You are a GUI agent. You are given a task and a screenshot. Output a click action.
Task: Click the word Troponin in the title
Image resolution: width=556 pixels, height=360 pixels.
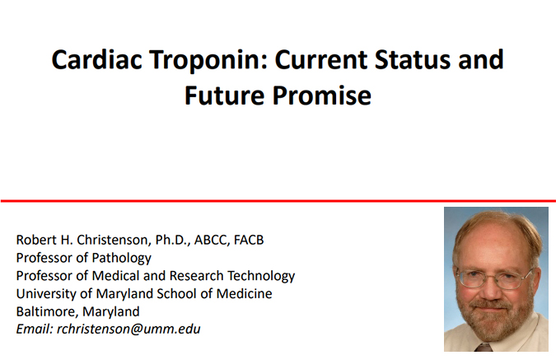pos(208,60)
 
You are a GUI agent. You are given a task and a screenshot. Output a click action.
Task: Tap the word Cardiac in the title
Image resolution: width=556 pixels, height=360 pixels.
pos(97,58)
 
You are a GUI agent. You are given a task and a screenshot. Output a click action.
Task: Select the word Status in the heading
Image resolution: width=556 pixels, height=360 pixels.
pos(413,58)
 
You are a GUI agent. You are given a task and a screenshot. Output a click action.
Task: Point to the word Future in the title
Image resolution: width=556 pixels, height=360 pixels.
pos(224,96)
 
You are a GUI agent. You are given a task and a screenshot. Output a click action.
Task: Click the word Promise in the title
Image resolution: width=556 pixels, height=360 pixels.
pos(321,96)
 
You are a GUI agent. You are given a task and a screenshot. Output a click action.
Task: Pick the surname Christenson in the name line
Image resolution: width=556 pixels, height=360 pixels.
pos(114,240)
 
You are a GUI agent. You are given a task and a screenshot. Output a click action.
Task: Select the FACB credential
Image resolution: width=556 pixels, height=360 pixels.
pos(249,240)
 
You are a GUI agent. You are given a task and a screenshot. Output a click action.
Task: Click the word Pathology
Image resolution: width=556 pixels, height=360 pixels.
pos(122,258)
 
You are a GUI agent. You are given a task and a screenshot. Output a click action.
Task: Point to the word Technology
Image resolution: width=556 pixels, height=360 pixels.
pos(261,276)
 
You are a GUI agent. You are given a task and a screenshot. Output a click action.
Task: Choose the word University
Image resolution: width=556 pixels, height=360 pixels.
pos(46,294)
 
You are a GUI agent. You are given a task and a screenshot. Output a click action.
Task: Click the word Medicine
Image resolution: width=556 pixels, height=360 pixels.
pos(244,293)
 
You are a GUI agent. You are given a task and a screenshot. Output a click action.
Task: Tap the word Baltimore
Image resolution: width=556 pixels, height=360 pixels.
pos(47,311)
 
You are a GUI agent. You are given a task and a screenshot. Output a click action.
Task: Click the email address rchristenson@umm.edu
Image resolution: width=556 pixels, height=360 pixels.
pos(128,330)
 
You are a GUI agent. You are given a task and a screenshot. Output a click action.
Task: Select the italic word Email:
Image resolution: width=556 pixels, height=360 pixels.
pos(35,330)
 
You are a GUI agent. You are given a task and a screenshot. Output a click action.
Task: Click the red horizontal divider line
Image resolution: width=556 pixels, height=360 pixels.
pos(278,201)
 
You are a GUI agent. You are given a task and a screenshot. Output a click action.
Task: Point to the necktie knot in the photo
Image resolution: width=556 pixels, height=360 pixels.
pos(484,348)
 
